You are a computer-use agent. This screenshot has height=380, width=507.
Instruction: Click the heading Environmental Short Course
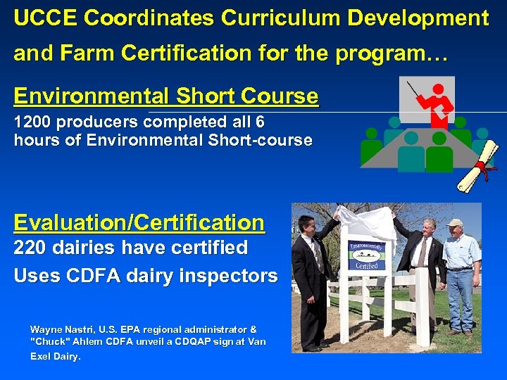(x=166, y=96)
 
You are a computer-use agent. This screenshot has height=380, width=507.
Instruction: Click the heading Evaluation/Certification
(x=139, y=223)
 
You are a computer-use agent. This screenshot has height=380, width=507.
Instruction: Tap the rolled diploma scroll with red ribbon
(x=477, y=166)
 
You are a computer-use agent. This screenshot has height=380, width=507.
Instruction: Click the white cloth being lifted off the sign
(x=366, y=222)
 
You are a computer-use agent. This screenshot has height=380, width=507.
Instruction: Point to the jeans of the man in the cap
(x=460, y=303)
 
